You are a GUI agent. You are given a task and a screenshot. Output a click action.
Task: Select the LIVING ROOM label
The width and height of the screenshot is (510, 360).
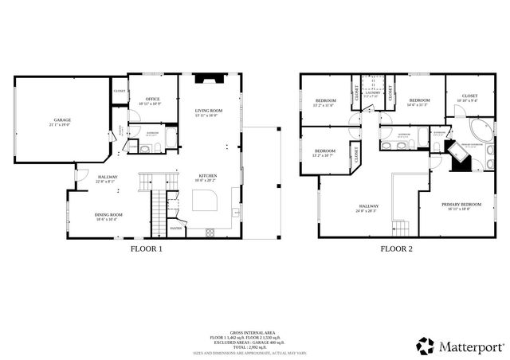pos(209,111)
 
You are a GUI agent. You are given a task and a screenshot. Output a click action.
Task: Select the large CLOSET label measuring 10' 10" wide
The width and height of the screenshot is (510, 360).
pos(470,96)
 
